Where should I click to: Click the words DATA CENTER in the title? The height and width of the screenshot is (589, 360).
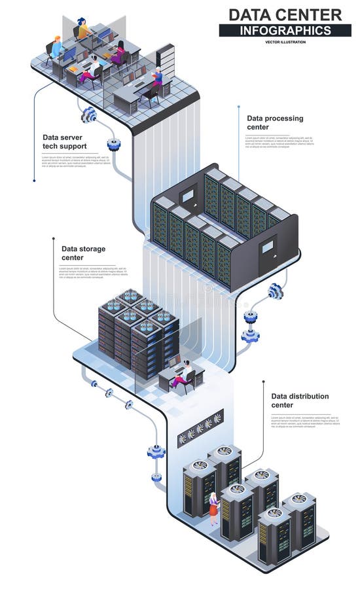click(285, 14)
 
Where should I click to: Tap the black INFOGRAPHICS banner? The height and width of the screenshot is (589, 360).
click(285, 30)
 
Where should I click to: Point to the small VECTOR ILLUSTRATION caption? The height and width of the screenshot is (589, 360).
click(285, 42)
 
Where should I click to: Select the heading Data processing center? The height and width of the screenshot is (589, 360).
click(275, 122)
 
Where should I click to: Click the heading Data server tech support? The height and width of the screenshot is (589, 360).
click(65, 141)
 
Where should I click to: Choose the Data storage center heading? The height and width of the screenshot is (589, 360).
click(83, 253)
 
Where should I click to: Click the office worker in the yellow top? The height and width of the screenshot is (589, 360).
click(83, 28)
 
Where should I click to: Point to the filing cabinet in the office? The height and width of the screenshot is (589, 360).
click(165, 57)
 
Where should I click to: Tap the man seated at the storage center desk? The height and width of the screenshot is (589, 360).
click(186, 374)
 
